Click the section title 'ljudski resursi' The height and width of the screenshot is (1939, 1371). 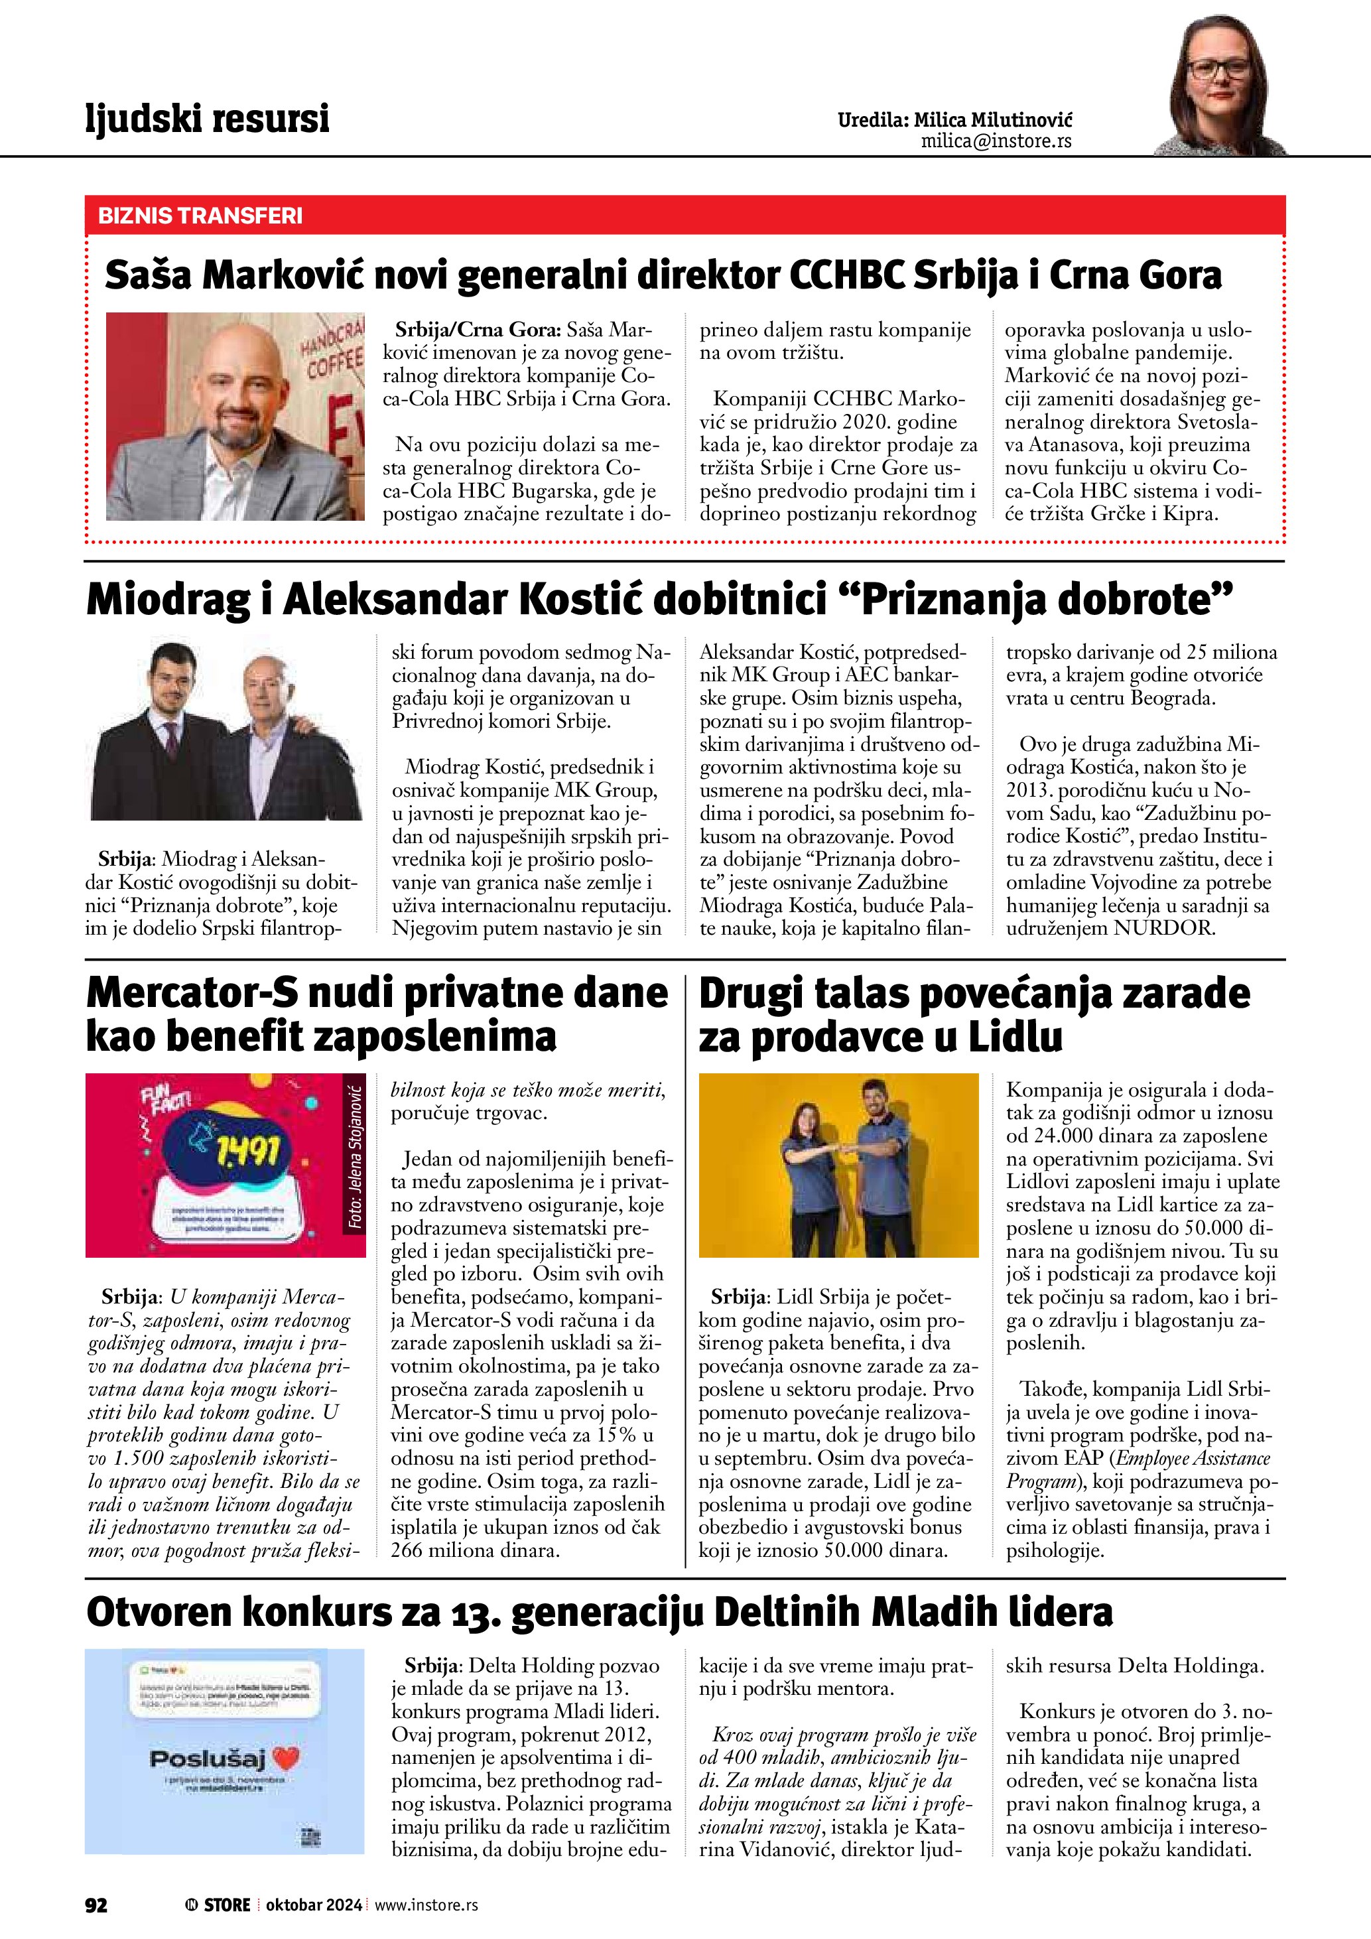(207, 118)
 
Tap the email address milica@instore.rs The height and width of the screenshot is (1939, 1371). (996, 141)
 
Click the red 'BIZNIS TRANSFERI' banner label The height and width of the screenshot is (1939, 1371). (200, 216)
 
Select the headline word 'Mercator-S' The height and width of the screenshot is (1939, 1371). (192, 992)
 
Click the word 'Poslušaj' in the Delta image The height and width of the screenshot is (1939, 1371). (208, 1759)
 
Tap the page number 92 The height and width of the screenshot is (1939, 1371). (96, 1905)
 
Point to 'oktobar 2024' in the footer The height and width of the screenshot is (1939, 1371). (313, 1905)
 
